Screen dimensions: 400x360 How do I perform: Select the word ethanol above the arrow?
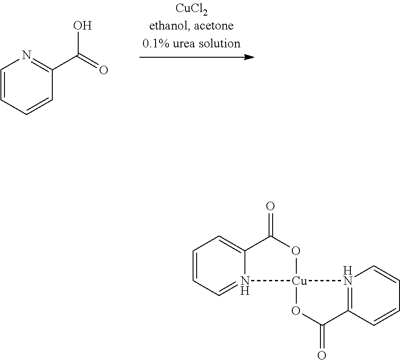(x=167, y=26)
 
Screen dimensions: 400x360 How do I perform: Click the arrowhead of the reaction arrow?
(x=249, y=57)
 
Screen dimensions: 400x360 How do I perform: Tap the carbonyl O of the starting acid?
(x=104, y=70)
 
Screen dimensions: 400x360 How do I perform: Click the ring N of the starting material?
(x=27, y=55)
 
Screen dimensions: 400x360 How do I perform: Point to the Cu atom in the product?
(x=299, y=281)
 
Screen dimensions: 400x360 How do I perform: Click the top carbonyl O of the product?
(x=270, y=207)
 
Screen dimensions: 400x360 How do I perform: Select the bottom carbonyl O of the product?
(x=321, y=356)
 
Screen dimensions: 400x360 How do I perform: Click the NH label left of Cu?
(x=244, y=285)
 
